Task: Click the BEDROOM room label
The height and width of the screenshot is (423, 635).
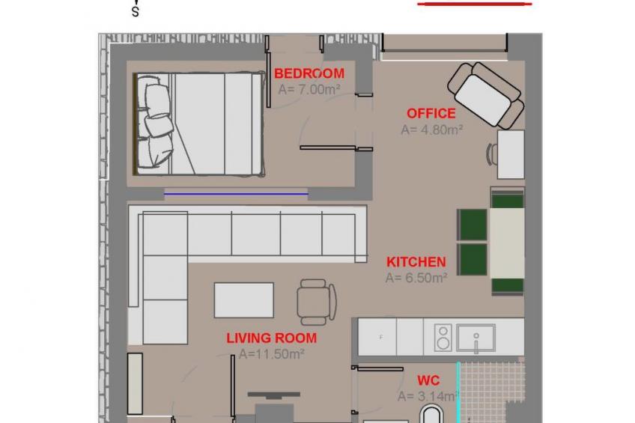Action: (x=309, y=73)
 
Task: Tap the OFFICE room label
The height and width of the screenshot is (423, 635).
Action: (x=431, y=113)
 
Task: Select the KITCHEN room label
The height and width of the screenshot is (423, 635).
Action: (x=416, y=262)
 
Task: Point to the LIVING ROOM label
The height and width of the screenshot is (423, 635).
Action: (x=271, y=338)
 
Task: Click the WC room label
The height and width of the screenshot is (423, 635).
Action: (x=428, y=380)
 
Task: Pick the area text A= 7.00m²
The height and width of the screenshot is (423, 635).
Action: (x=309, y=89)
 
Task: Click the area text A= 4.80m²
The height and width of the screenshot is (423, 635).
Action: (x=432, y=130)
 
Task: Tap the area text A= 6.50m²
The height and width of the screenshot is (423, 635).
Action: (x=416, y=278)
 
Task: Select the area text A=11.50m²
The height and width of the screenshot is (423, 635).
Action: (x=271, y=354)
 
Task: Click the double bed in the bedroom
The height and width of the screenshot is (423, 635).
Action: (x=199, y=124)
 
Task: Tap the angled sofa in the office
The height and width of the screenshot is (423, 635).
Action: (x=486, y=96)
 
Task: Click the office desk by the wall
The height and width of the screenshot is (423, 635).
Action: (x=511, y=154)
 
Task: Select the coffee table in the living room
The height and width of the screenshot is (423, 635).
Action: (x=244, y=300)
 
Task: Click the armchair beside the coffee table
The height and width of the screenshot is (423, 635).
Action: (x=316, y=302)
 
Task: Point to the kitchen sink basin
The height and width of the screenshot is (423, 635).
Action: (x=476, y=338)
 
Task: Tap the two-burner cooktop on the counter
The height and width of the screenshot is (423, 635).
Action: (x=443, y=338)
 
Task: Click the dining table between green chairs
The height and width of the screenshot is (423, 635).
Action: (x=507, y=243)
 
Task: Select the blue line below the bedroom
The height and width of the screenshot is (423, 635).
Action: (x=236, y=194)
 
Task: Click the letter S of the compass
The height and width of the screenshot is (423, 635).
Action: (x=136, y=13)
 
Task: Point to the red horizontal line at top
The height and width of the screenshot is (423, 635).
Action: (x=475, y=4)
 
